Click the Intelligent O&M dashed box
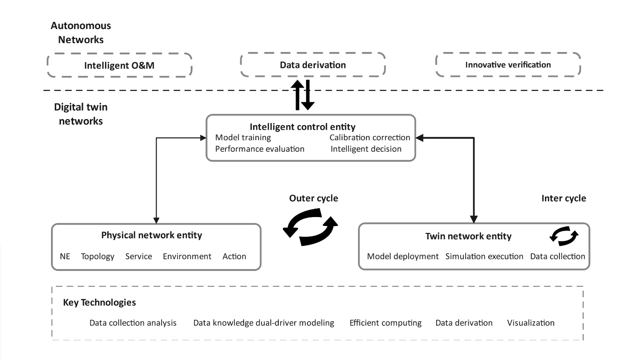[119, 65]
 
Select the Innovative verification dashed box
[508, 65]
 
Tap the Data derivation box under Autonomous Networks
[313, 65]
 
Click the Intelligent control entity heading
[302, 127]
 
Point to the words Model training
[243, 138]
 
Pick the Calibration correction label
[370, 138]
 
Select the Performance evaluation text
[260, 149]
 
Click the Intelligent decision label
[366, 149]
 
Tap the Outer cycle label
[313, 198]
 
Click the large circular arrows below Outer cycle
[310, 227]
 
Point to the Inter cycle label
[564, 198]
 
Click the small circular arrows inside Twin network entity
[564, 235]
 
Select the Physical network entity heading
[151, 235]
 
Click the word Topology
[97, 256]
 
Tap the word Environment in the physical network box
[187, 256]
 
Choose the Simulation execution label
[484, 256]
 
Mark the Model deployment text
[402, 256]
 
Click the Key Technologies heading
[99, 302]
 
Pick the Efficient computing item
[385, 323]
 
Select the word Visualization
[530, 323]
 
